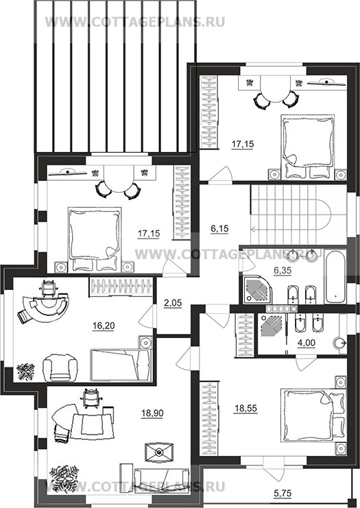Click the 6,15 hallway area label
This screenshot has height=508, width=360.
tap(219, 229)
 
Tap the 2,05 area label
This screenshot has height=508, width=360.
tap(173, 303)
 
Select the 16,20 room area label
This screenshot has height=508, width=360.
tap(104, 326)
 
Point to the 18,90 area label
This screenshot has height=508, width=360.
tap(152, 413)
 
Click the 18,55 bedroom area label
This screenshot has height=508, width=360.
tap(245, 409)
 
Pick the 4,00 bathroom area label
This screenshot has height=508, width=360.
tap(307, 343)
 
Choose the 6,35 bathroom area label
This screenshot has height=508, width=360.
tap(283, 270)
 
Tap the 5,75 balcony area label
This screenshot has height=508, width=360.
tap(283, 493)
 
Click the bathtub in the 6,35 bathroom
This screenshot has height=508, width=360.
tap(336, 276)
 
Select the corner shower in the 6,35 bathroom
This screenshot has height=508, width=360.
tap(257, 290)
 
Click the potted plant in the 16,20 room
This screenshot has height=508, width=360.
tap(26, 372)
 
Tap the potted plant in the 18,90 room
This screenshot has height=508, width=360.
tap(64, 479)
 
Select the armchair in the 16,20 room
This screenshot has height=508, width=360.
tap(60, 367)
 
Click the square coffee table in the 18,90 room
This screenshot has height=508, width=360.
tap(158, 451)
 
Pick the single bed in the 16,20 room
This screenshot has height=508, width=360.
tap(121, 365)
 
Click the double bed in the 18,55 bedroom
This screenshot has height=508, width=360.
tap(313, 415)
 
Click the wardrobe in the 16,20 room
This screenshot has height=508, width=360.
tap(121, 287)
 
